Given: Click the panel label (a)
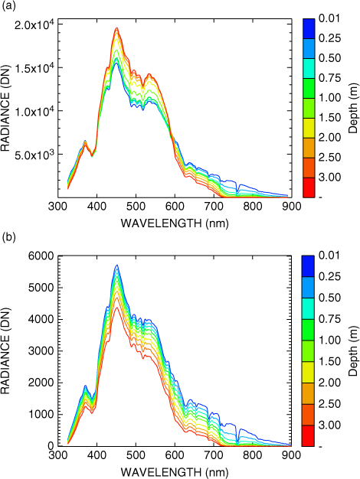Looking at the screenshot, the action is (x=8, y=6).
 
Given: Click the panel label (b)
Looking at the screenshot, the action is (x=8, y=237).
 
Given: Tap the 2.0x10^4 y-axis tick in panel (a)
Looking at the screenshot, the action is (x=34, y=24).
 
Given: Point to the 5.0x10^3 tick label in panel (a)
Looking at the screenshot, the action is (x=34, y=154).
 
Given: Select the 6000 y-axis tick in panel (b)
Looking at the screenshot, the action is (x=41, y=256).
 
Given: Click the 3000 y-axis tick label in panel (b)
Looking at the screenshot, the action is (x=41, y=351).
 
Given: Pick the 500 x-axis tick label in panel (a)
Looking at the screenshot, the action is (x=136, y=207).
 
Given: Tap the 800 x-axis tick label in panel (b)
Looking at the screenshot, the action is (x=252, y=455).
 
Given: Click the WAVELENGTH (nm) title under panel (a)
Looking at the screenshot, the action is (x=175, y=223).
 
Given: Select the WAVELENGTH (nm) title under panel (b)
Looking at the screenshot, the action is (x=175, y=472).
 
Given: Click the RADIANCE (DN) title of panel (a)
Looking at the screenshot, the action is (x=5, y=108).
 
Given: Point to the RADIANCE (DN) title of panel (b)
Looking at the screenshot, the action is (x=5, y=351).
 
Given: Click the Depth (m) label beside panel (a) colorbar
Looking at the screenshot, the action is (x=353, y=108).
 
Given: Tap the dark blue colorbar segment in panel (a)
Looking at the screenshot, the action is (x=309, y=29).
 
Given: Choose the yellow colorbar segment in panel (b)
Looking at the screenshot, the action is (x=308, y=373).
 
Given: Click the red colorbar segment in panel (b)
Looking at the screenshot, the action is (x=308, y=436).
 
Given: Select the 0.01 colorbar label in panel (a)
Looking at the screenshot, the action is (x=329, y=18).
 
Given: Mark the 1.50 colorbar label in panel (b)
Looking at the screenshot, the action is (x=329, y=361).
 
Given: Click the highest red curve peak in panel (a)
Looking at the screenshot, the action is (x=116, y=28).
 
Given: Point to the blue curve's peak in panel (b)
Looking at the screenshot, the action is (x=116, y=265).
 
